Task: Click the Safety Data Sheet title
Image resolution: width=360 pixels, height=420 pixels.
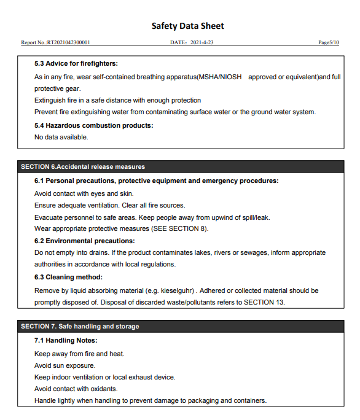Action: (x=187, y=26)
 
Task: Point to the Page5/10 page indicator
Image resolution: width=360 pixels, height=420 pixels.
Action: (x=329, y=43)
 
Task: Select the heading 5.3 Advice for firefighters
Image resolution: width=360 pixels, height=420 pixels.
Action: (x=76, y=64)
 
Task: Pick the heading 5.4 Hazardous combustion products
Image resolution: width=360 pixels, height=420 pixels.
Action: (x=93, y=125)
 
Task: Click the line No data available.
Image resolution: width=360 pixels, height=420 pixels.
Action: (x=61, y=137)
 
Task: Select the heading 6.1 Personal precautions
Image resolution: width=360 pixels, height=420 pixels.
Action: (x=156, y=181)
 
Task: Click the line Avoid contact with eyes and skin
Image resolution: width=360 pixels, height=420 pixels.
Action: (x=84, y=193)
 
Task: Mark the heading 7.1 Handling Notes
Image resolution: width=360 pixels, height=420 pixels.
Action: (x=66, y=340)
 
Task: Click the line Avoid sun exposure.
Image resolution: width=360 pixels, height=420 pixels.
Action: (x=65, y=365)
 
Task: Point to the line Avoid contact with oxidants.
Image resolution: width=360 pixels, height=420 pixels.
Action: (x=76, y=389)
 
